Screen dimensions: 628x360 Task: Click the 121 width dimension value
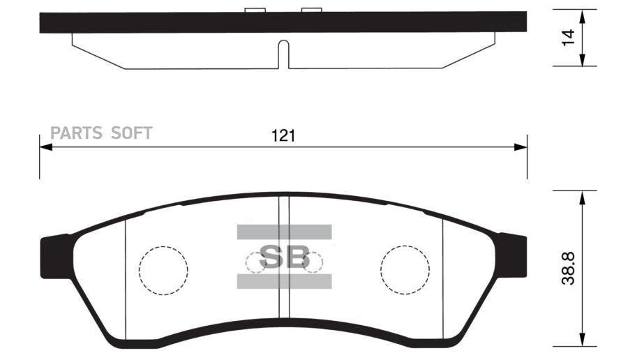coord(283,136)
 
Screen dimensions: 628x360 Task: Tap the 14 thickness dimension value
coord(568,38)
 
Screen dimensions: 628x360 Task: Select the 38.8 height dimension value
coord(568,269)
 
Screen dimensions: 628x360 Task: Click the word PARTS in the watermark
coord(76,133)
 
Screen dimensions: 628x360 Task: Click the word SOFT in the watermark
coord(131,133)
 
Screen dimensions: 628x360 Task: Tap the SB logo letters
coord(285,257)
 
